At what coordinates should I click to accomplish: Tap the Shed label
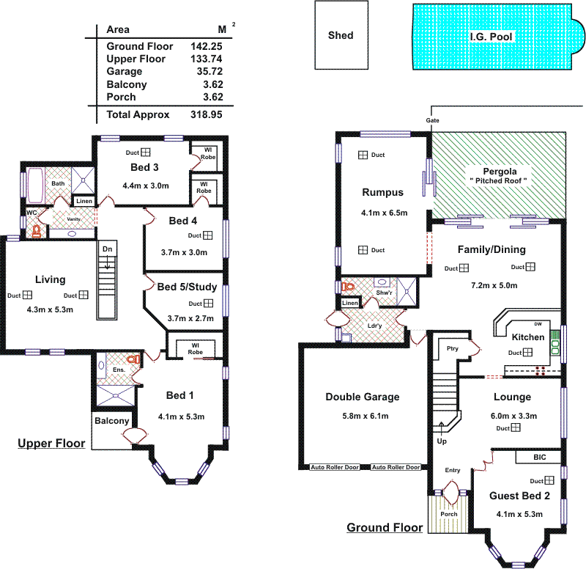[341, 35]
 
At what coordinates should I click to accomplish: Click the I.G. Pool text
[491, 36]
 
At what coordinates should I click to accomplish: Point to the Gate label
[432, 120]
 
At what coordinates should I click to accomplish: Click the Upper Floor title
[51, 444]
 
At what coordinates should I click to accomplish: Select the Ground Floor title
[385, 528]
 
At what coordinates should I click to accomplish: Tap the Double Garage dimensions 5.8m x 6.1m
[363, 415]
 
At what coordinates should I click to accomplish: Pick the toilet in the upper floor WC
[36, 230]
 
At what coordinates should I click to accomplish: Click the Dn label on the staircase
[107, 249]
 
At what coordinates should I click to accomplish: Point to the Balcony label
[111, 421]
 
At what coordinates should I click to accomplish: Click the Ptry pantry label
[453, 348]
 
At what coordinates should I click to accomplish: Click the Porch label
[448, 514]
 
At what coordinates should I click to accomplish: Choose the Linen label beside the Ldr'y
[351, 303]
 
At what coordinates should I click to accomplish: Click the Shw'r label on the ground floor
[384, 293]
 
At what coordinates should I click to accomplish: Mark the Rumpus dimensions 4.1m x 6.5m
[383, 213]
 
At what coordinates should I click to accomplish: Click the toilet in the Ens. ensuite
[133, 359]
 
